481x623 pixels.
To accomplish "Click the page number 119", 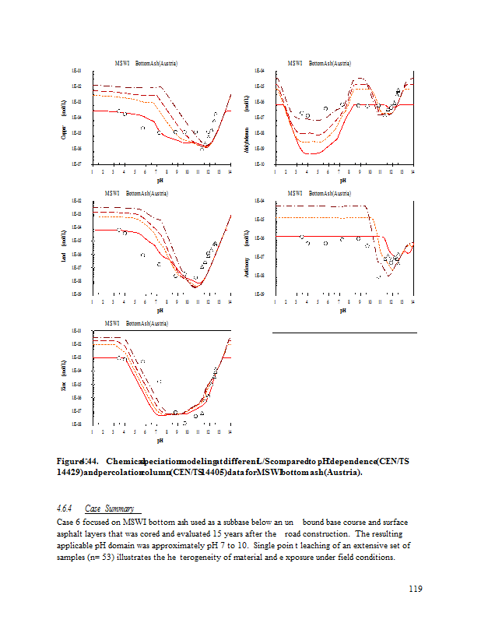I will click(x=415, y=589).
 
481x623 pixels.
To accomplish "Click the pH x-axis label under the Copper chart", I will click(x=160, y=178).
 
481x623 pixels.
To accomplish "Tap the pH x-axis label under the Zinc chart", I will click(x=160, y=440).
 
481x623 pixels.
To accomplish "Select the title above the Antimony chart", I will click(x=318, y=192).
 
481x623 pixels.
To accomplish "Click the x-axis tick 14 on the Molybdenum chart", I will click(x=412, y=171).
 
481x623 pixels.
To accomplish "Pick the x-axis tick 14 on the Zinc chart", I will click(x=230, y=431).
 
